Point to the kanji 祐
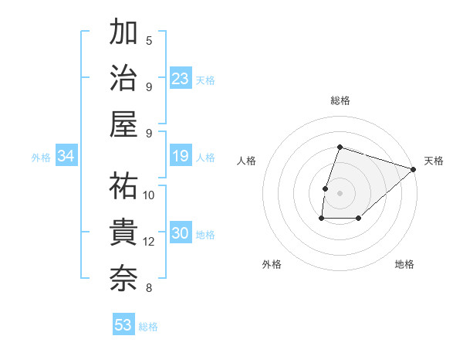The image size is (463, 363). (123, 185)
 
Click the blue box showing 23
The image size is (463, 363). (181, 79)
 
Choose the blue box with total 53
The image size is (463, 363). (123, 325)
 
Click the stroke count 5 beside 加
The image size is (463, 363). (149, 40)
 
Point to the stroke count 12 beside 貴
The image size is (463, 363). (149, 242)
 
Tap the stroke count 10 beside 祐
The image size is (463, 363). (149, 195)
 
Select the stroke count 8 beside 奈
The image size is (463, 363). (149, 288)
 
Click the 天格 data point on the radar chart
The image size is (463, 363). (414, 169)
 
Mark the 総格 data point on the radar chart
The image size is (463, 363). (340, 147)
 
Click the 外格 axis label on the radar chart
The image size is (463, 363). (272, 265)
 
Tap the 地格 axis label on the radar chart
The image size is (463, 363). (404, 265)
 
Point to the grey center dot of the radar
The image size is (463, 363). (340, 193)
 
